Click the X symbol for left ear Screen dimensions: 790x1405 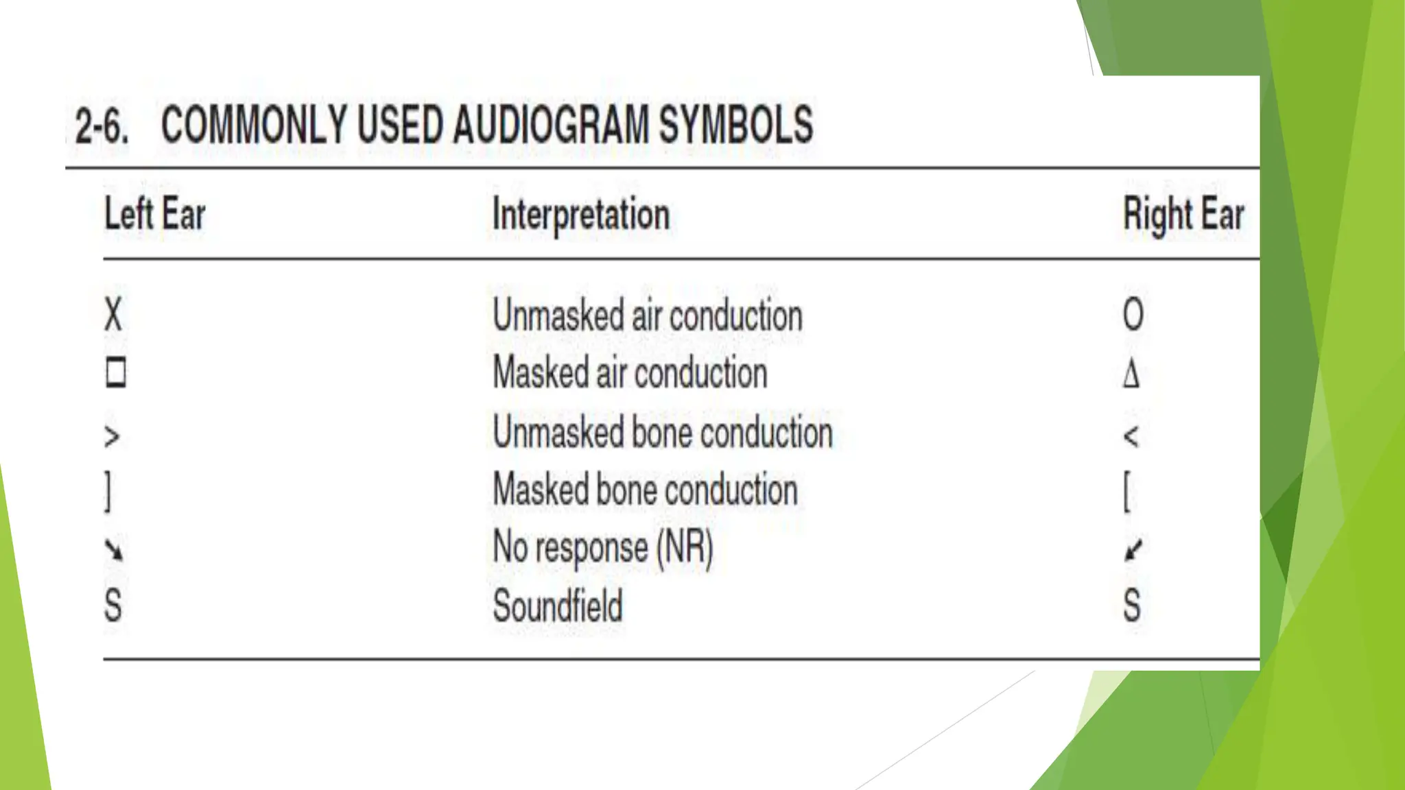click(113, 315)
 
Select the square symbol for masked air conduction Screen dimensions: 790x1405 click(116, 373)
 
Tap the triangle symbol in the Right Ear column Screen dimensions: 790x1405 click(1131, 374)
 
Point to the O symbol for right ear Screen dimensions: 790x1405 click(1133, 315)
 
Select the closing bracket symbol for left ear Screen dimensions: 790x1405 click(108, 492)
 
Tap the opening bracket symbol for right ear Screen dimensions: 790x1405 click(1126, 492)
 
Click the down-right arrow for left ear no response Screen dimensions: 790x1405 click(114, 549)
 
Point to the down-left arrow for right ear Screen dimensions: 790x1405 click(1133, 549)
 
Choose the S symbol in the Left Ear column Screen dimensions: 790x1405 click(113, 606)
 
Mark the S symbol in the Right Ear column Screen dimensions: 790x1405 click(1132, 606)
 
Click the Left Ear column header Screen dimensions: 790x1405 click(155, 213)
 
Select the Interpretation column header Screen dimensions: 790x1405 click(581, 215)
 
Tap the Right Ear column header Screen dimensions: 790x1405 click(1183, 215)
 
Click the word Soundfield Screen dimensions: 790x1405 click(558, 606)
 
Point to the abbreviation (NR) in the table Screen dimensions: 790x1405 click(685, 548)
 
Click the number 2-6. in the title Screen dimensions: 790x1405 click(102, 125)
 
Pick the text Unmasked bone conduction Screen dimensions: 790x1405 click(663, 433)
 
